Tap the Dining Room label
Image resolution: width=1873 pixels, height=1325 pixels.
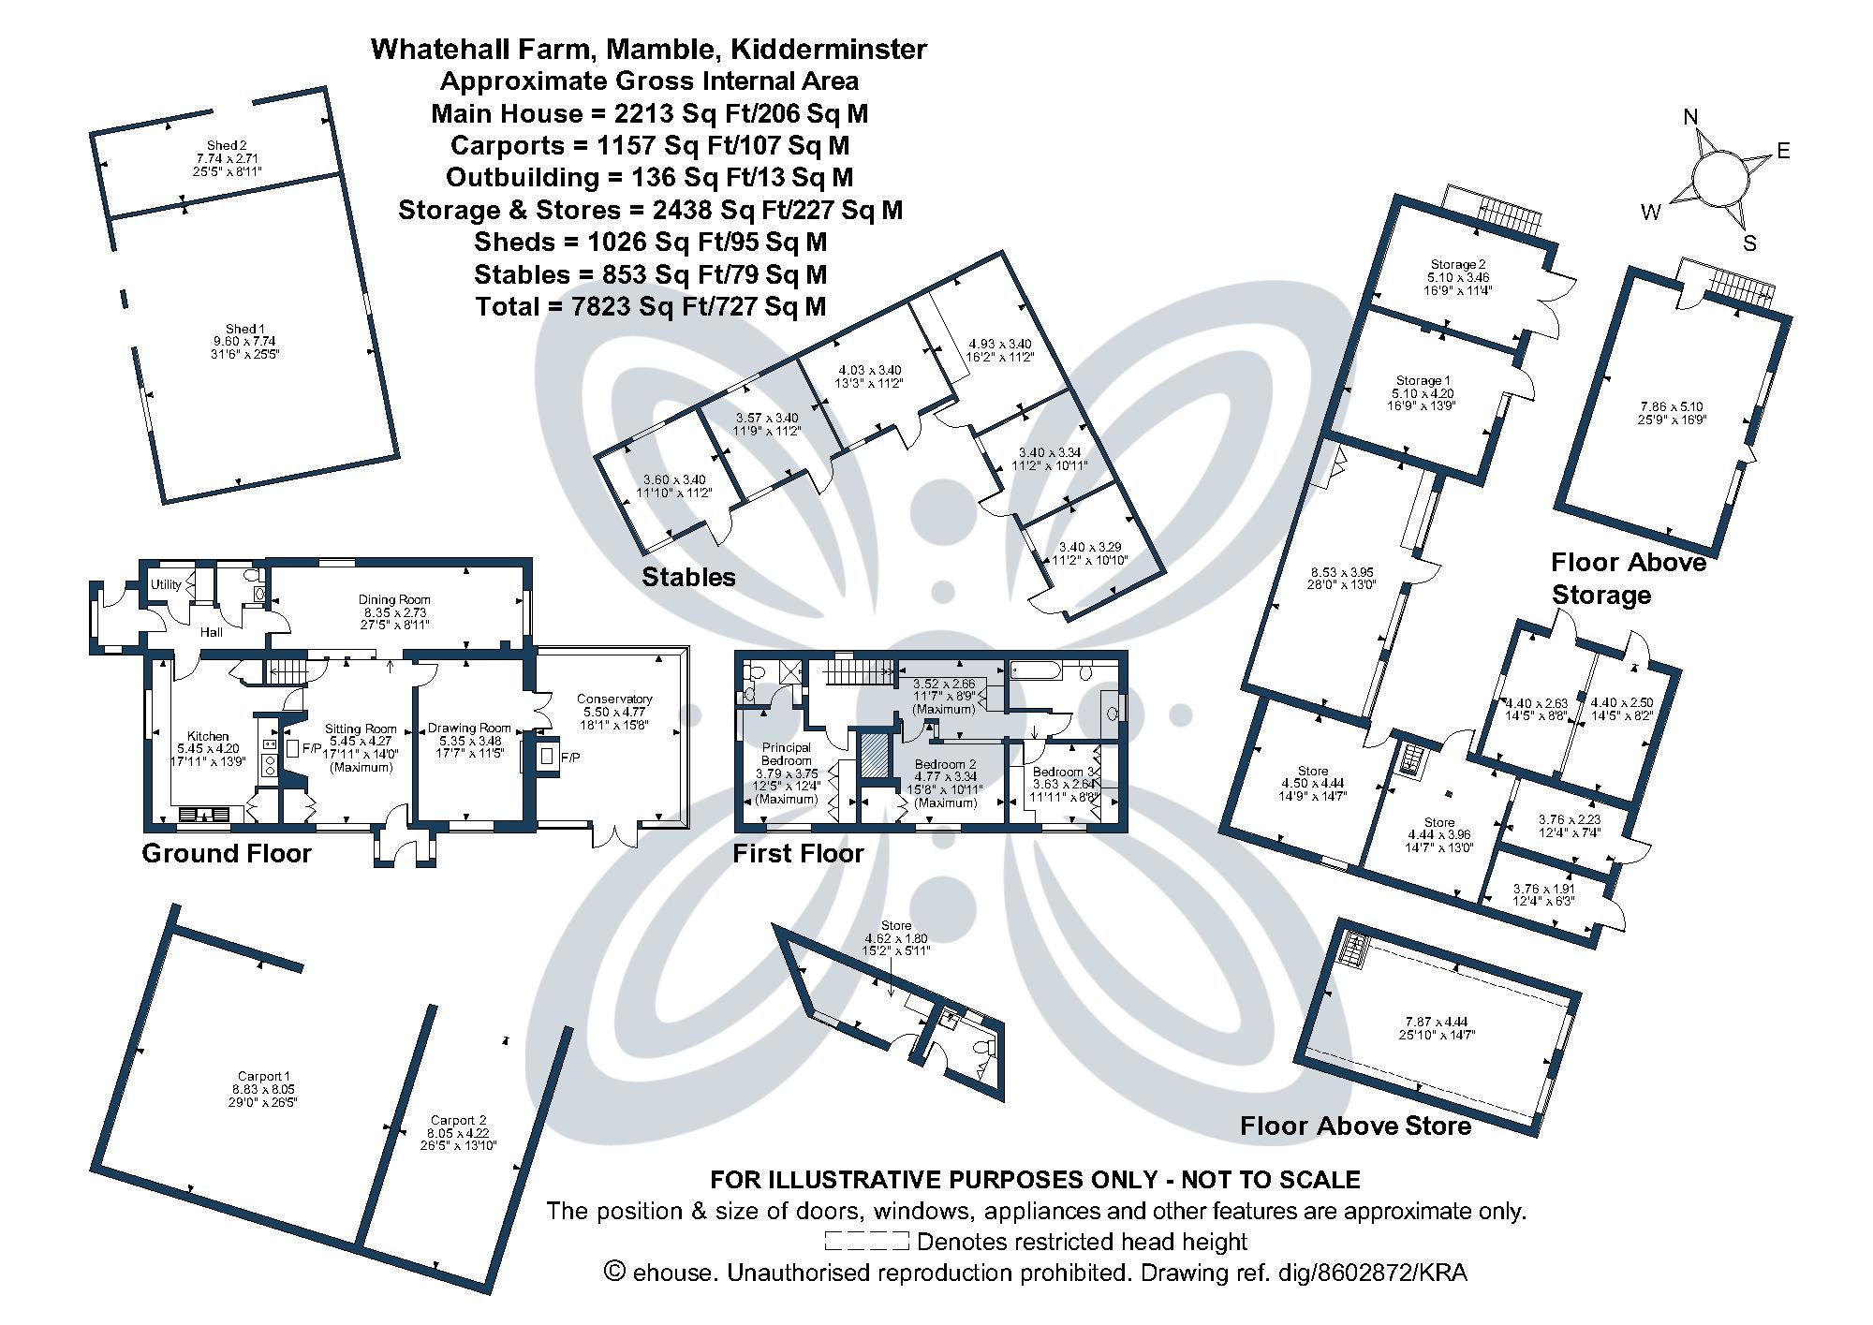pyautogui.click(x=394, y=599)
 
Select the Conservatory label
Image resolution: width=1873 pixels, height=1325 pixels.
pyautogui.click(x=614, y=699)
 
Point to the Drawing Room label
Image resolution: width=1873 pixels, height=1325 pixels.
pyautogui.click(x=469, y=728)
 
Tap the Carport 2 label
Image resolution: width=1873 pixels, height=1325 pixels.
pyautogui.click(x=459, y=1120)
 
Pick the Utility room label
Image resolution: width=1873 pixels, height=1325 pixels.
pyautogui.click(x=167, y=585)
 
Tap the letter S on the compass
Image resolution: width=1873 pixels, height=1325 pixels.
pyautogui.click(x=1748, y=243)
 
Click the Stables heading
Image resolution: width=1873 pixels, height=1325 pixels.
pyautogui.click(x=688, y=577)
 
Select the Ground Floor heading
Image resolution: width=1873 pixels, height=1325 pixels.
pyautogui.click(x=226, y=853)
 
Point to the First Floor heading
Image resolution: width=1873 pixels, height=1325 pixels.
pyautogui.click(x=798, y=853)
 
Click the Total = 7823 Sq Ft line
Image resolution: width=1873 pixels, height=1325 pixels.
pyautogui.click(x=651, y=306)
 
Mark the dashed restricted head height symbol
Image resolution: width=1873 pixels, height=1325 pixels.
pyautogui.click(x=866, y=1242)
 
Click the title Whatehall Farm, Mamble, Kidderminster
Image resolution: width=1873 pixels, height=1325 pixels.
pyautogui.click(x=649, y=49)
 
